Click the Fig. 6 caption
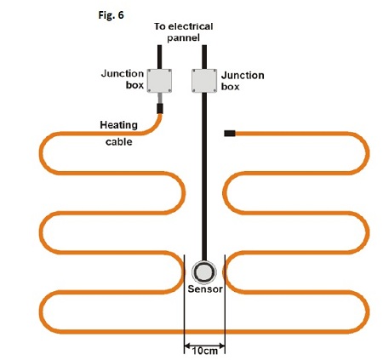pyautogui.click(x=111, y=15)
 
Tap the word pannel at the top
pyautogui.click(x=183, y=37)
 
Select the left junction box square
pyautogui.click(x=159, y=81)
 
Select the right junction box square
pyautogui.click(x=204, y=81)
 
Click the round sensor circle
pyautogui.click(x=204, y=272)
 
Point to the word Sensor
pyautogui.click(x=205, y=289)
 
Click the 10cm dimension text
pyautogui.click(x=205, y=351)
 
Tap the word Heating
pyautogui.click(x=119, y=125)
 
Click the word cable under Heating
pyautogui.click(x=119, y=141)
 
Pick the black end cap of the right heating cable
pyautogui.click(x=230, y=134)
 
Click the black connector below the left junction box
pyautogui.click(x=160, y=108)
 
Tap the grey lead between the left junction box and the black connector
pyautogui.click(x=160, y=98)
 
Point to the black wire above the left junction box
pyautogui.click(x=159, y=57)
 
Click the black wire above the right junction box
pyautogui.click(x=204, y=57)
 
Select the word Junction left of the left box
pyautogui.click(x=123, y=74)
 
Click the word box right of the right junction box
pyautogui.click(x=230, y=87)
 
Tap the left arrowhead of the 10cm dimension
pyautogui.click(x=187, y=346)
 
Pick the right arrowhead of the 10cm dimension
pyautogui.click(x=222, y=346)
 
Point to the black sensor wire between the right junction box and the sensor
pyautogui.click(x=204, y=176)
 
